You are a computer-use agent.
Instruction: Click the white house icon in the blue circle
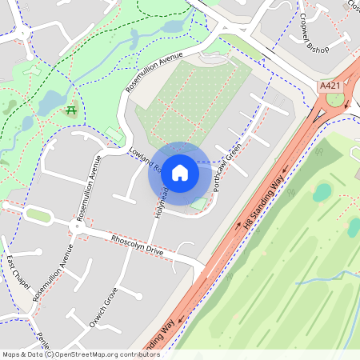point(180,173)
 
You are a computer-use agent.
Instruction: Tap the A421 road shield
point(329,86)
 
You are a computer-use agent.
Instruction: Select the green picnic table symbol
point(71,110)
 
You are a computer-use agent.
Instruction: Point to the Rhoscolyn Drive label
point(137,246)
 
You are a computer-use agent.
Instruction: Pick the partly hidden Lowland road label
point(145,160)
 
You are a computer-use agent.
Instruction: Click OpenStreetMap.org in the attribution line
point(90,354)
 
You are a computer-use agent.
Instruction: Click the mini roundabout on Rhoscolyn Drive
point(78,228)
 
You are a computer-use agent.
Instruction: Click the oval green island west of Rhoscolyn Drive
point(38,214)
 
